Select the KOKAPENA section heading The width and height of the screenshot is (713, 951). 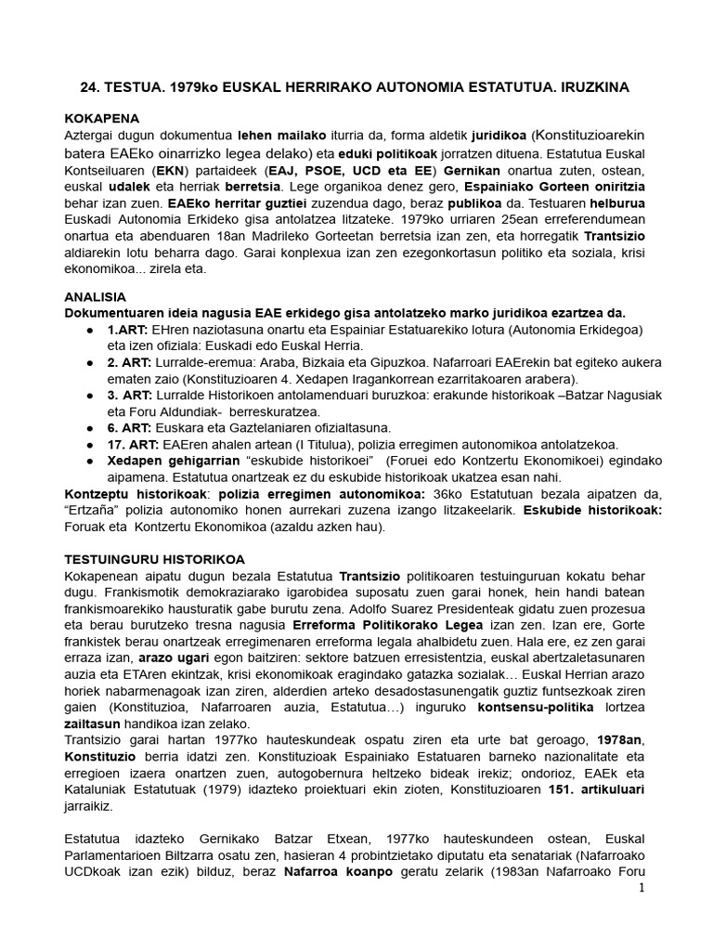click(100, 119)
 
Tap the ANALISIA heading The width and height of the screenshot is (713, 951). click(95, 296)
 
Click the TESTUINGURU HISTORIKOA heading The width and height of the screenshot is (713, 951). click(153, 559)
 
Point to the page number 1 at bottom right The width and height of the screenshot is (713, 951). click(641, 888)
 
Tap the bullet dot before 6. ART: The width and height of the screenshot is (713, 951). click(87, 427)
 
